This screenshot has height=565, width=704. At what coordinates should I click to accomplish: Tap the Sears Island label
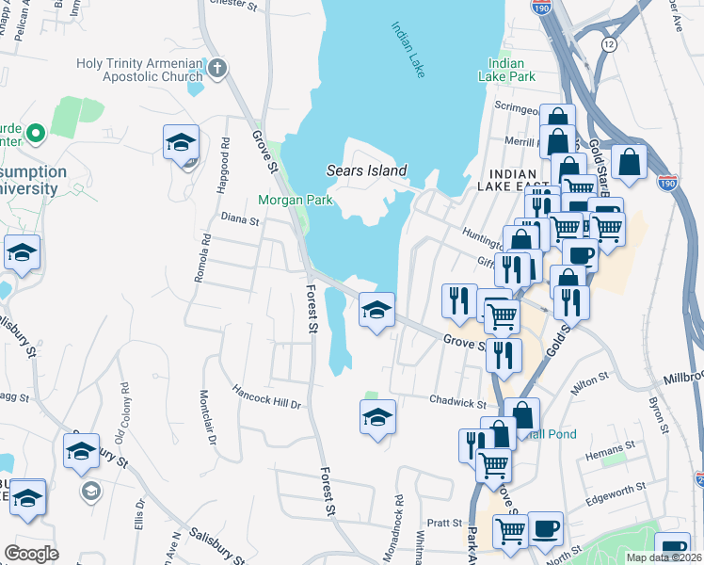[366, 171]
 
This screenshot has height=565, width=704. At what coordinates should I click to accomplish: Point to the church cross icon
[217, 68]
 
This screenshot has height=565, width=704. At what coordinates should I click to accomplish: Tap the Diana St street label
[240, 220]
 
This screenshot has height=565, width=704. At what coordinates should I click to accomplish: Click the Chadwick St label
[456, 401]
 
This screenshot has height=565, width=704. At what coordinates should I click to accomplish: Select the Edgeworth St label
[616, 488]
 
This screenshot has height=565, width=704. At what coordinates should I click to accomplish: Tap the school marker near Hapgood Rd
[181, 143]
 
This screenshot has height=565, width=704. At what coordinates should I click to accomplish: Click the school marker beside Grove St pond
[376, 310]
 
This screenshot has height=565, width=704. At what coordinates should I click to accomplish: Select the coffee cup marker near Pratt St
[545, 527]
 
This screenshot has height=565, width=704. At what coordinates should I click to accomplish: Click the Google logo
[31, 554]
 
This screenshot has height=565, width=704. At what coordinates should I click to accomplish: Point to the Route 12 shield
[610, 44]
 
